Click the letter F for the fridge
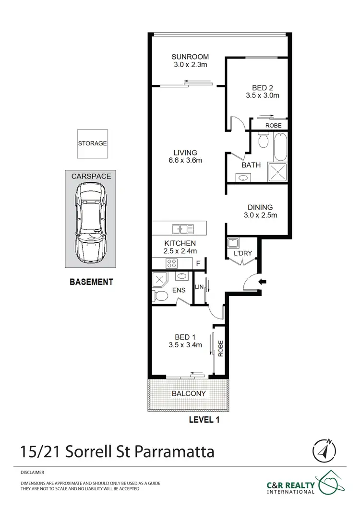point(198,263)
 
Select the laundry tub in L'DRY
point(234,243)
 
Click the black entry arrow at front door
point(262,282)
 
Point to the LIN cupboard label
point(199,287)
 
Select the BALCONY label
point(189,393)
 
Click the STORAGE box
point(92,143)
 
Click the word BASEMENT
point(91,282)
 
